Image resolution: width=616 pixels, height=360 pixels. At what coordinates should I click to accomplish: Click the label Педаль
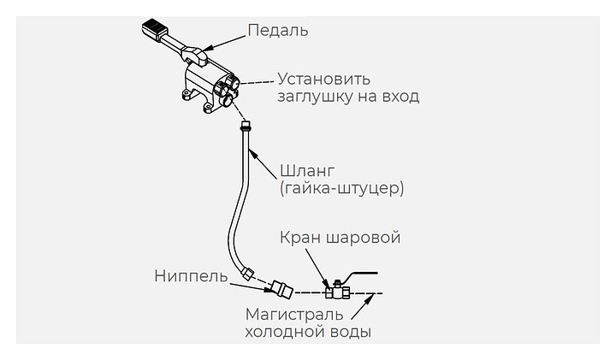277,32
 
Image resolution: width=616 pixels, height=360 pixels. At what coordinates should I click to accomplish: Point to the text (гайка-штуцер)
341,187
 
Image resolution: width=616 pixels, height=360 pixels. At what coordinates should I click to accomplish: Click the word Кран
299,237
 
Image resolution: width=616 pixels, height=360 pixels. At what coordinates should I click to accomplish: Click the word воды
352,332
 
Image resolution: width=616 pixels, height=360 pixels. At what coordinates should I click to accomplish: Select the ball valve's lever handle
359,275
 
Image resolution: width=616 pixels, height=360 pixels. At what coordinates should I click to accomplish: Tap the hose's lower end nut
247,274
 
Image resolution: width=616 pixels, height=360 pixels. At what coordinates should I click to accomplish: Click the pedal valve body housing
210,88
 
